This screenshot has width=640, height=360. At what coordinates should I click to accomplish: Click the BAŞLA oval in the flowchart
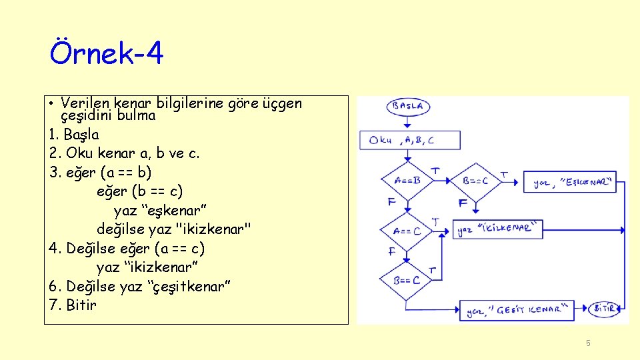(x=408, y=107)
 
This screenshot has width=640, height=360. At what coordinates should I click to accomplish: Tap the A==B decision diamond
(x=407, y=180)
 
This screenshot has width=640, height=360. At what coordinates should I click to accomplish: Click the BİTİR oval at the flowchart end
(x=605, y=309)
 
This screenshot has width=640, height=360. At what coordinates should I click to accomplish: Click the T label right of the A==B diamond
(x=435, y=171)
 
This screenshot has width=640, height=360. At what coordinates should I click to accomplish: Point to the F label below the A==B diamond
(x=391, y=201)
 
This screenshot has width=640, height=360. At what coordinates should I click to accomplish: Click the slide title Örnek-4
(x=107, y=53)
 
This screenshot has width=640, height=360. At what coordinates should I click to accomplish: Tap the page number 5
(x=588, y=343)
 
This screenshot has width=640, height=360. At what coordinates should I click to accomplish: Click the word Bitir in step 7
(x=81, y=305)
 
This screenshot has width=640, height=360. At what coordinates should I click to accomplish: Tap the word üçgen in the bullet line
(x=283, y=103)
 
